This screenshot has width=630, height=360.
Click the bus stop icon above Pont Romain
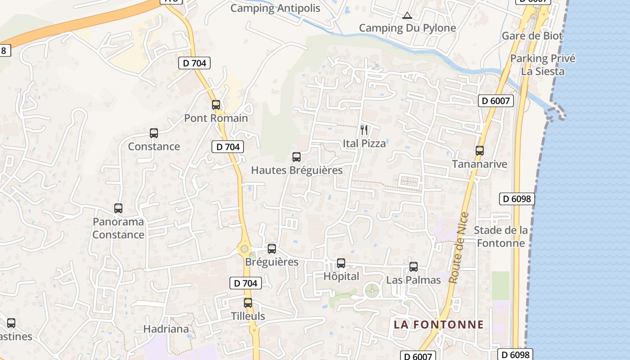click(x=216, y=105)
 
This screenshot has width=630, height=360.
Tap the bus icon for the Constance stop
click(x=154, y=133)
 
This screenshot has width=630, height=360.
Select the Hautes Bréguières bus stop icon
click(x=297, y=157)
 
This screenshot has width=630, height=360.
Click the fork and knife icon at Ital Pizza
click(x=364, y=130)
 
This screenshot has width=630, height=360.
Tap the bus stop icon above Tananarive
click(x=480, y=151)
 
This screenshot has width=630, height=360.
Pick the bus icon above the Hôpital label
click(x=341, y=263)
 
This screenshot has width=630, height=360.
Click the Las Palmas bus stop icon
click(x=414, y=267)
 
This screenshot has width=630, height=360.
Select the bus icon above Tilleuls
click(x=248, y=303)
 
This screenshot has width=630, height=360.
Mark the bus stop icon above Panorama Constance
click(x=118, y=208)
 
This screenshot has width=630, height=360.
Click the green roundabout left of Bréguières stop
click(x=244, y=248)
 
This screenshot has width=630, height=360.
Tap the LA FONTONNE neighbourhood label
click(x=439, y=324)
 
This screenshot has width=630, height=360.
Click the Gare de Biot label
click(x=532, y=36)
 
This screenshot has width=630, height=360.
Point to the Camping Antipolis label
click(x=275, y=8)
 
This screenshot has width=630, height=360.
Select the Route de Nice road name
click(x=459, y=247)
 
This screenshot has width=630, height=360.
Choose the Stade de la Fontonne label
click(x=501, y=237)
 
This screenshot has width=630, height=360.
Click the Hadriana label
click(x=166, y=329)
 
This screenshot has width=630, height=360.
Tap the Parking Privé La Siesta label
click(x=543, y=65)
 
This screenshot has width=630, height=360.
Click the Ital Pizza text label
click(x=364, y=144)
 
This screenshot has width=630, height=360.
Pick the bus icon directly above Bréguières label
click(x=272, y=249)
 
